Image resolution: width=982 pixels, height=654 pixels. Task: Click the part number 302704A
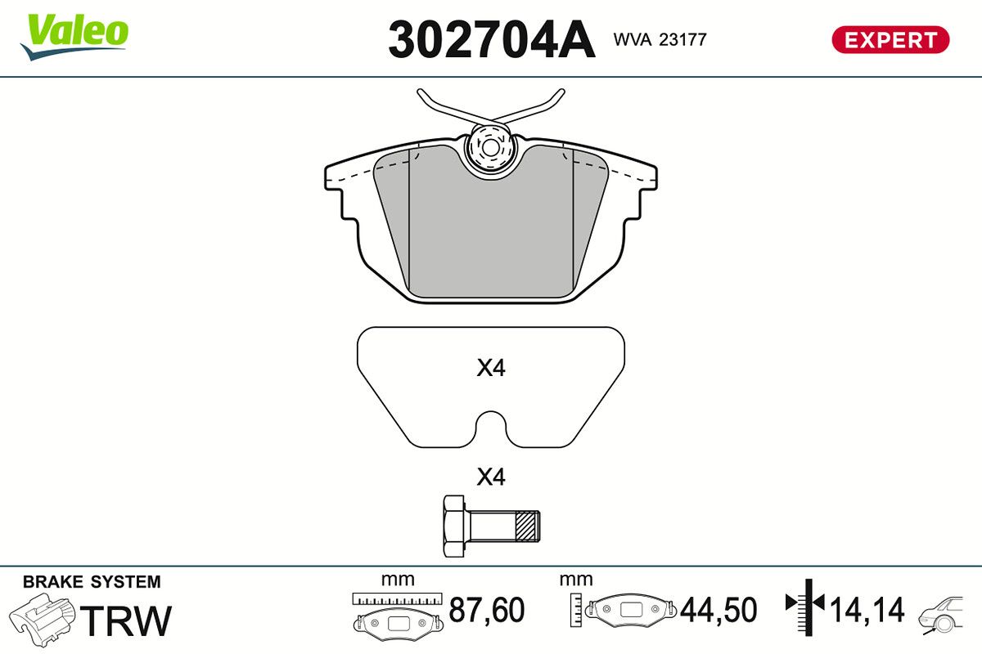click(x=491, y=39)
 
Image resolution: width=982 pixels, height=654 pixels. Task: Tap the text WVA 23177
click(x=660, y=39)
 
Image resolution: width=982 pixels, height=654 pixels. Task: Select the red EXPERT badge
click(x=890, y=39)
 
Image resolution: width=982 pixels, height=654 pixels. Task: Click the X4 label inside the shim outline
click(x=491, y=369)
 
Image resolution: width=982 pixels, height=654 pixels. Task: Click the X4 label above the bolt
click(x=491, y=477)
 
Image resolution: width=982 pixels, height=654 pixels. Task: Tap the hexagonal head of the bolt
click(x=454, y=526)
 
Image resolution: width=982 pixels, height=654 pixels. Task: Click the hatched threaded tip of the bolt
click(x=529, y=526)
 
